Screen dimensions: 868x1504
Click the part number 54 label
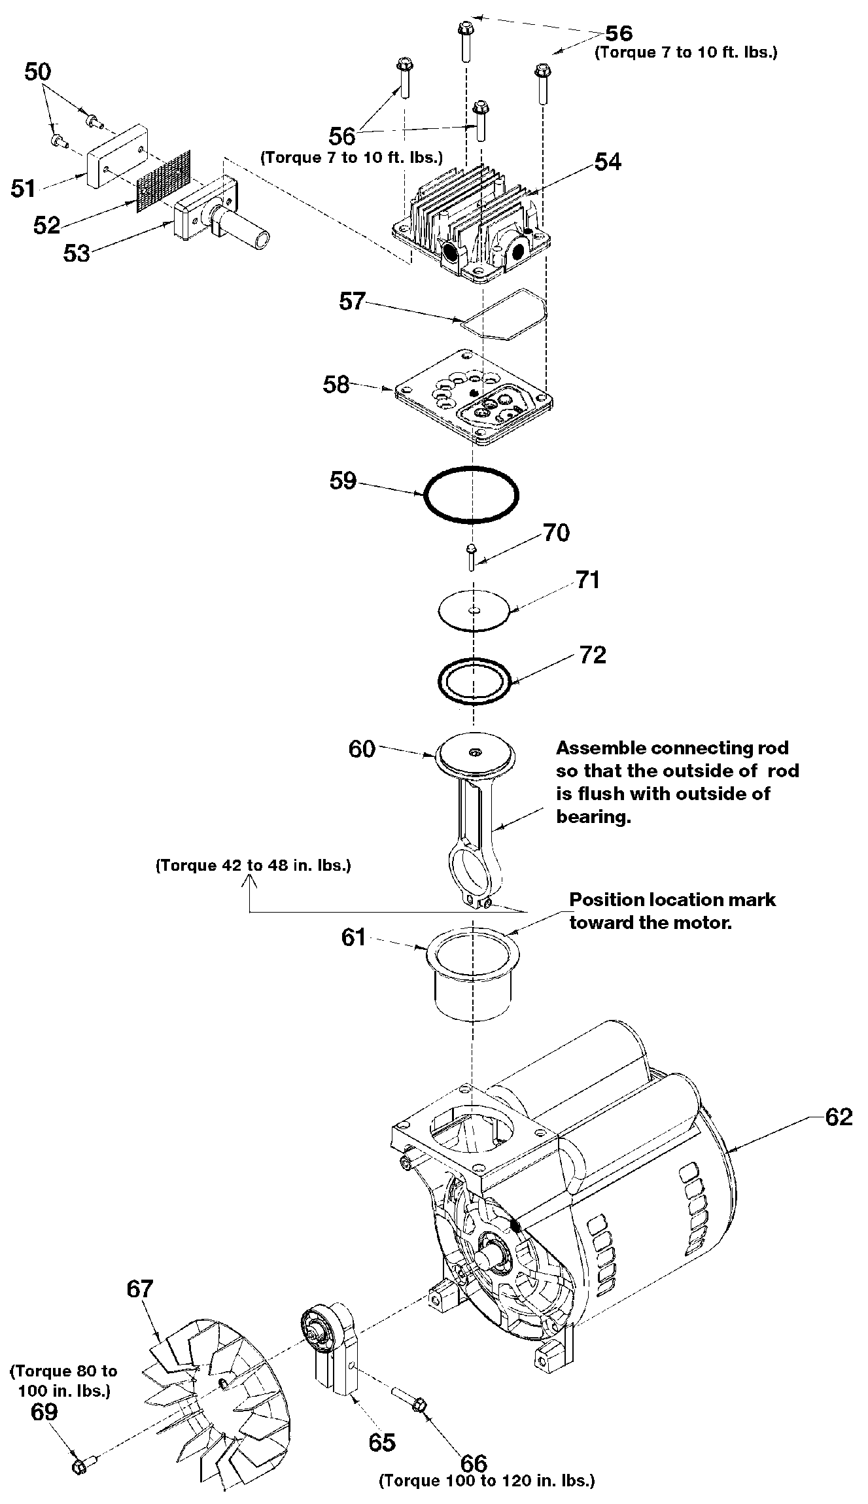coord(607,162)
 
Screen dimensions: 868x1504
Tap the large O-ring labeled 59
coord(471,495)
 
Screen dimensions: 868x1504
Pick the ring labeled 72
coord(474,682)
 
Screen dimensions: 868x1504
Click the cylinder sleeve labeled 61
coord(471,973)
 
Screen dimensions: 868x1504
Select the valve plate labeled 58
coord(471,396)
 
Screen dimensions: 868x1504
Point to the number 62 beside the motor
coord(839,1117)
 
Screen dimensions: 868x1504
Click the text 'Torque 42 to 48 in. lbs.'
coord(253,866)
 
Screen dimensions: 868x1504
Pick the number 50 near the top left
coord(38,72)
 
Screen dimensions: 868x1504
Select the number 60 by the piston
coord(362,748)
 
